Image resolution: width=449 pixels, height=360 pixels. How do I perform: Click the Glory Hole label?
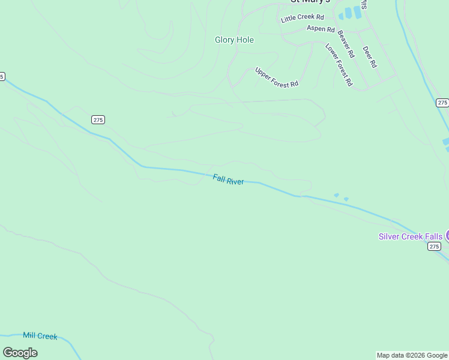pyautogui.click(x=234, y=40)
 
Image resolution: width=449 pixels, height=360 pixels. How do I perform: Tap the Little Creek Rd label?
pyautogui.click(x=302, y=19)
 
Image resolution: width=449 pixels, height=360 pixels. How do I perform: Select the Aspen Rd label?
pyautogui.click(x=321, y=28)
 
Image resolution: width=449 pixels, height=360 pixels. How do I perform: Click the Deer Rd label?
pyautogui.click(x=369, y=57)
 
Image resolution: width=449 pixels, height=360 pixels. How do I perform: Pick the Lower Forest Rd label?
pyautogui.click(x=339, y=64)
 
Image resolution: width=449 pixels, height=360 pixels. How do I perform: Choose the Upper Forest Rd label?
pyautogui.click(x=277, y=77)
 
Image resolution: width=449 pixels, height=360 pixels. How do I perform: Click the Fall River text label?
pyautogui.click(x=228, y=179)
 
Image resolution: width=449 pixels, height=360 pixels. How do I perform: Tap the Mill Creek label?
pyautogui.click(x=40, y=336)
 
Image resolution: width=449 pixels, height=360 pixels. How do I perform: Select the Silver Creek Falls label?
pyautogui.click(x=411, y=236)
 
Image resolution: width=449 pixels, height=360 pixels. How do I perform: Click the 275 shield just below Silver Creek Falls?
pyautogui.click(x=434, y=247)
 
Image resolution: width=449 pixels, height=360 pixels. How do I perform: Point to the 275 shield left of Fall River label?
pyautogui.click(x=98, y=120)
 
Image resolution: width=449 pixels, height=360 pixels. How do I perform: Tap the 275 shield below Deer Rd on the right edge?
pyautogui.click(x=442, y=103)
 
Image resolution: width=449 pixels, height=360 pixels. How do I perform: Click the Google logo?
pyautogui.click(x=20, y=353)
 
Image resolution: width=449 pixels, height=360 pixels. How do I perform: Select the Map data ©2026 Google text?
pyautogui.click(x=412, y=355)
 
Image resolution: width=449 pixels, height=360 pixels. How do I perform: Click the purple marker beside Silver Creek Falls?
pyautogui.click(x=447, y=236)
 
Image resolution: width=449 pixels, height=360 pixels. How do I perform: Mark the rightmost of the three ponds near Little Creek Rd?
pyautogui.click(x=358, y=12)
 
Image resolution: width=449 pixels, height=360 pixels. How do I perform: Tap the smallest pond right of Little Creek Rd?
pyautogui.click(x=341, y=16)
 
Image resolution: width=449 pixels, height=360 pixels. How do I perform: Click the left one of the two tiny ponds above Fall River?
pyautogui.click(x=336, y=195)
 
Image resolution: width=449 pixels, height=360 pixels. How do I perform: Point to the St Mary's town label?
pyautogui.click(x=306, y=2)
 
